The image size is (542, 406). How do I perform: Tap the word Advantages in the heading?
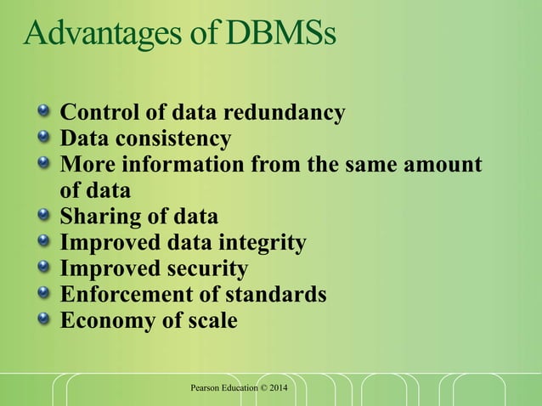(x=86, y=35)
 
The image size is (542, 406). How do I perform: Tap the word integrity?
(x=263, y=243)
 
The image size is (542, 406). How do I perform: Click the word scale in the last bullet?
(x=210, y=321)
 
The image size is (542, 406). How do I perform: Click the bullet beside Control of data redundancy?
(x=43, y=112)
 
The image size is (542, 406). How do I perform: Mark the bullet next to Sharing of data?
(x=43, y=217)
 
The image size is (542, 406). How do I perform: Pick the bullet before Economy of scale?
(x=43, y=321)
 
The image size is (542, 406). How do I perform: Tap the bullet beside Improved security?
(x=43, y=269)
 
